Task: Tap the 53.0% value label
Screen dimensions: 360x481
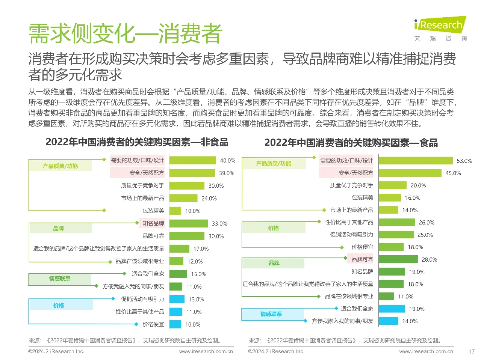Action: click(464, 161)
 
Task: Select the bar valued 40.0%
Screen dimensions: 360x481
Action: click(193, 160)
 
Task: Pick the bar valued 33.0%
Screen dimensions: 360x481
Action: click(189, 223)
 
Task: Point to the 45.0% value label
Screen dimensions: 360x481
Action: click(453, 173)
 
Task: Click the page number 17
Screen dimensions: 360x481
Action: click(472, 352)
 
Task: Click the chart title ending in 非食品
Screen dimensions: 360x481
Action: click(137, 142)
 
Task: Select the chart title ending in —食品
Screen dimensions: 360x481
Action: click(351, 143)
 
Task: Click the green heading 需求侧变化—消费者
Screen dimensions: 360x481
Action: click(125, 34)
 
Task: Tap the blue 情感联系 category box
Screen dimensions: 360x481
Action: click(272, 314)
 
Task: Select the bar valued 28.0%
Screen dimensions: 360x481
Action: click(398, 259)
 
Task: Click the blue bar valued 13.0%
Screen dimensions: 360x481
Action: click(177, 299)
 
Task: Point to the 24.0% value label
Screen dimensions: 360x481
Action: click(209, 199)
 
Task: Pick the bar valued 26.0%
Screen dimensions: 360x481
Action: click(396, 223)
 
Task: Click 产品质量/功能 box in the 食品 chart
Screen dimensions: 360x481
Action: click(274, 164)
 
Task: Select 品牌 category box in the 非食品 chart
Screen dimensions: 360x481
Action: click(60, 229)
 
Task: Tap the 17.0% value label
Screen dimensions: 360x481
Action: click(201, 249)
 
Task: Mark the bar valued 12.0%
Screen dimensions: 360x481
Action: click(176, 261)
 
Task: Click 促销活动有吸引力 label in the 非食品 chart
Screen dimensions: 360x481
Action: click(142, 299)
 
